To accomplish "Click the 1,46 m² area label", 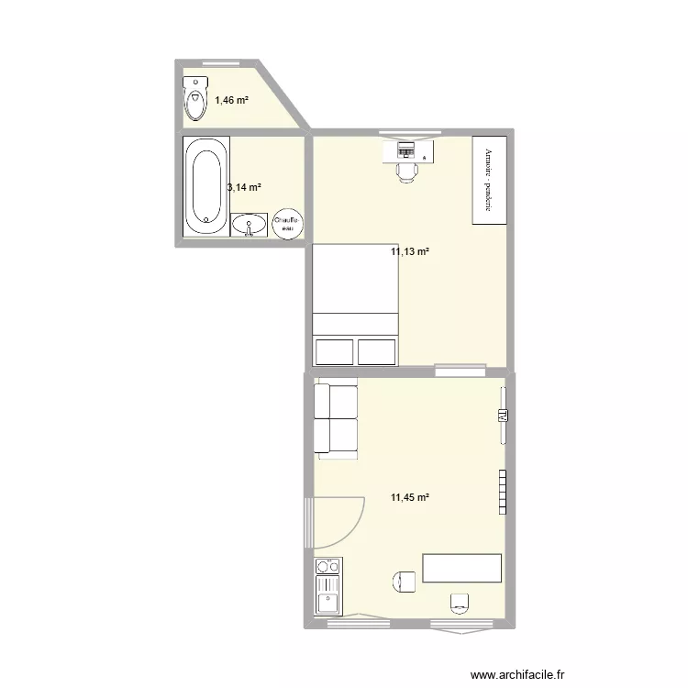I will tap(231, 100).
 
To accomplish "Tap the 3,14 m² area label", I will tap(244, 187).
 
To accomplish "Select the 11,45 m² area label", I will tap(409, 498).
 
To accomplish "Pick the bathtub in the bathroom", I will tap(205, 184).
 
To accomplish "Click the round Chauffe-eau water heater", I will tap(287, 224).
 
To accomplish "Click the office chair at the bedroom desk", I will tap(406, 169).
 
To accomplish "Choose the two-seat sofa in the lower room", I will tap(335, 419).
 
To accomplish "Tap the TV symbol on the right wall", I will tap(502, 416).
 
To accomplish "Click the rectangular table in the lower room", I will tap(461, 568).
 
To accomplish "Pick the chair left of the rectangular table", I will tap(405, 581).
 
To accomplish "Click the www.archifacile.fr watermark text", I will tap(517, 674).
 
